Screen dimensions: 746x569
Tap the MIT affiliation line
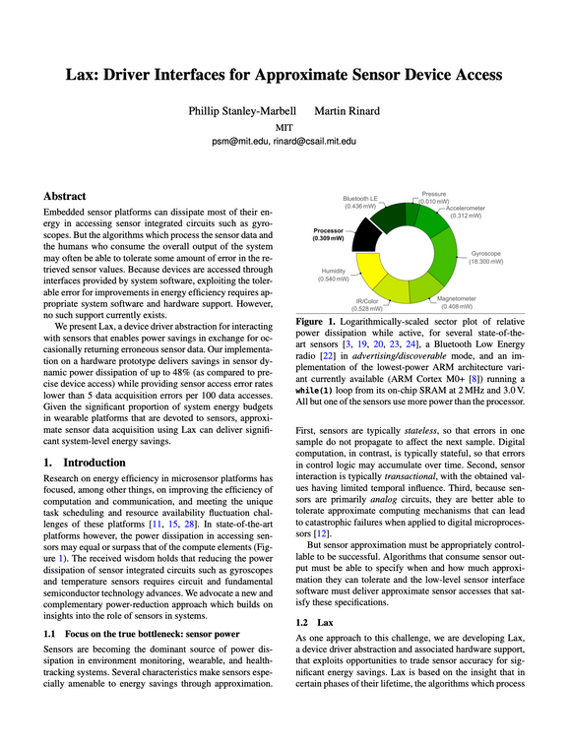(x=284, y=127)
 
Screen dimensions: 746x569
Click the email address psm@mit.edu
(x=240, y=142)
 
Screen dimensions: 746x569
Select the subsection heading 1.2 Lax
(x=316, y=623)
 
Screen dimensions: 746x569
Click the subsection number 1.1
(x=50, y=634)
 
